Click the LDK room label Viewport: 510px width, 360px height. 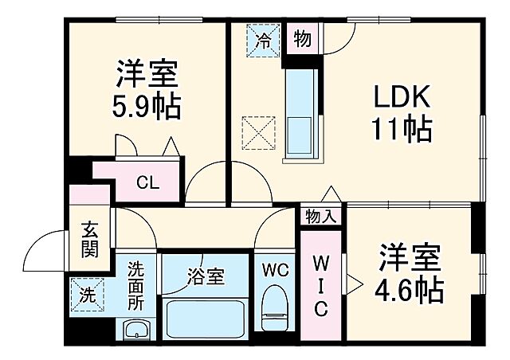coord(402,99)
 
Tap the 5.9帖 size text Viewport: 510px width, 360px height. coord(146,104)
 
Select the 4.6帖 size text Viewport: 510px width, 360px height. coord(410,291)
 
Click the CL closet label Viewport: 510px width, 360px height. coord(147,182)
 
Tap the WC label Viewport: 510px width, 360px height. coord(275,268)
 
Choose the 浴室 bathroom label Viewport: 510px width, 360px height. coord(206,277)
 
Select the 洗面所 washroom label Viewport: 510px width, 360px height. coord(136,288)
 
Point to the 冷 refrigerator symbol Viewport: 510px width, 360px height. coord(263,39)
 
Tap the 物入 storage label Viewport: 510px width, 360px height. coord(321,216)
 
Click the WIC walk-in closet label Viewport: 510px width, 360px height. coord(320,285)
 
